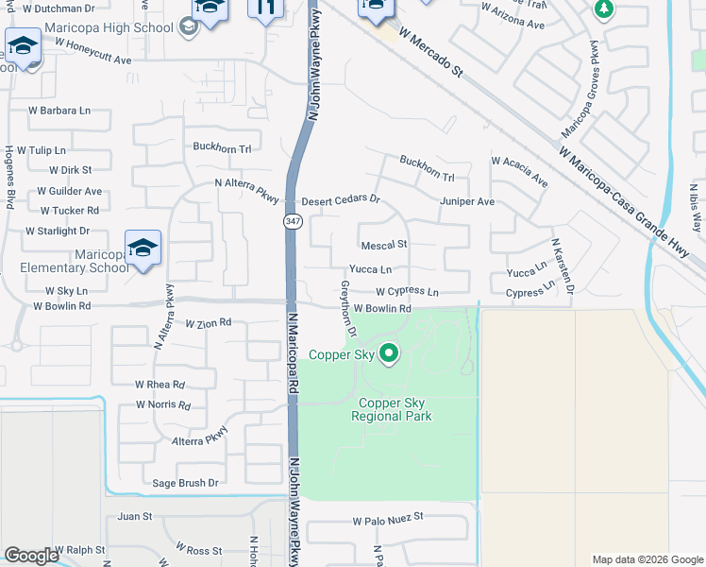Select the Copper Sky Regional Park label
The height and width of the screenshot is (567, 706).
[391, 409]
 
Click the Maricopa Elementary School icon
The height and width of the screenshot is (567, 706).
[143, 248]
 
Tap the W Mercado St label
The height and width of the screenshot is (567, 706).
[433, 51]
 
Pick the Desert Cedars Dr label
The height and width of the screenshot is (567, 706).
[340, 200]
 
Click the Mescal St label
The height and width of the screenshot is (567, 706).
[383, 244]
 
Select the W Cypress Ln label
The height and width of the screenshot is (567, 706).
[408, 292]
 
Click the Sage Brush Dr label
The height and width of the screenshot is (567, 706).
[185, 483]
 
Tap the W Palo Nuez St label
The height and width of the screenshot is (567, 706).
[389, 520]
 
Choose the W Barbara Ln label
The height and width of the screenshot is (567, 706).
[59, 111]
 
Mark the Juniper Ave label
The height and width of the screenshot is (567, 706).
[466, 201]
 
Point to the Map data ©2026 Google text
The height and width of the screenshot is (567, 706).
[647, 559]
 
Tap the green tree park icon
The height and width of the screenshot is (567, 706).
[603, 9]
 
